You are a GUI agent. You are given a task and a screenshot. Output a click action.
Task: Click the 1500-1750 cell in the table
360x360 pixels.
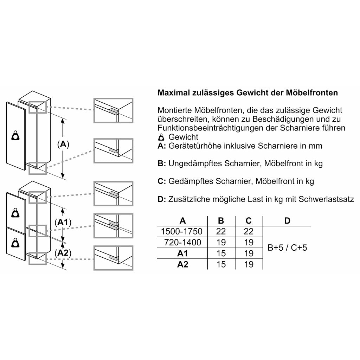[x=181, y=231]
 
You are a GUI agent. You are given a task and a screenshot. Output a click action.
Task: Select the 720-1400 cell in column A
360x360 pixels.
[x=182, y=243]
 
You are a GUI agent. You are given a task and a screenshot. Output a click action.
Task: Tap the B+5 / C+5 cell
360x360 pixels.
[x=287, y=247]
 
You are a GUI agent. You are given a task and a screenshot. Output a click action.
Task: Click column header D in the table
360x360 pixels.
[x=287, y=221]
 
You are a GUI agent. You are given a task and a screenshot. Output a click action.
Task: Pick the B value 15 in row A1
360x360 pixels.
[x=221, y=253]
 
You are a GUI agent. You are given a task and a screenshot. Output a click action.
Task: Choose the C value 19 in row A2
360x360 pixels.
[x=249, y=264]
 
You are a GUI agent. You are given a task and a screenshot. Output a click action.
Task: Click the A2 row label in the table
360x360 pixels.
[x=182, y=264]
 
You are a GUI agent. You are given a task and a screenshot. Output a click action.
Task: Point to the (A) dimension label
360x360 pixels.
[x=63, y=144]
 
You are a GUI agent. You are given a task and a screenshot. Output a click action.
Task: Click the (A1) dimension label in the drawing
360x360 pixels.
[x=63, y=222]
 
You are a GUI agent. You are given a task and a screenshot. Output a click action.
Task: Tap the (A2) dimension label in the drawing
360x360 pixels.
[x=63, y=253]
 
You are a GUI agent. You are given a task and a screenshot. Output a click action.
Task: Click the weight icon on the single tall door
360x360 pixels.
[x=15, y=135]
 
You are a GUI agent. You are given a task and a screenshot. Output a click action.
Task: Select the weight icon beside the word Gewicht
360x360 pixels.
[x=161, y=137]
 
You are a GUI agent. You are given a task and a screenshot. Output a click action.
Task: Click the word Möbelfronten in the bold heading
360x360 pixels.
[x=312, y=93]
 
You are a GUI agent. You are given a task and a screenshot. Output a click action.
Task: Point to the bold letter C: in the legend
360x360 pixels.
[x=162, y=181]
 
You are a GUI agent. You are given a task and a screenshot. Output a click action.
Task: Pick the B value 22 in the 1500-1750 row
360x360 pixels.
[x=221, y=231]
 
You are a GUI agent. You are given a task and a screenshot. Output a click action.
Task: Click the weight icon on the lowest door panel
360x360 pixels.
[x=15, y=243]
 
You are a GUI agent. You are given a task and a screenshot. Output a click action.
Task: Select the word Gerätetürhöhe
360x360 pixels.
[x=195, y=146]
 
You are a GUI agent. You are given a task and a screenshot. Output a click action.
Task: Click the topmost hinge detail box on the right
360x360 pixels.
[x=114, y=110]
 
